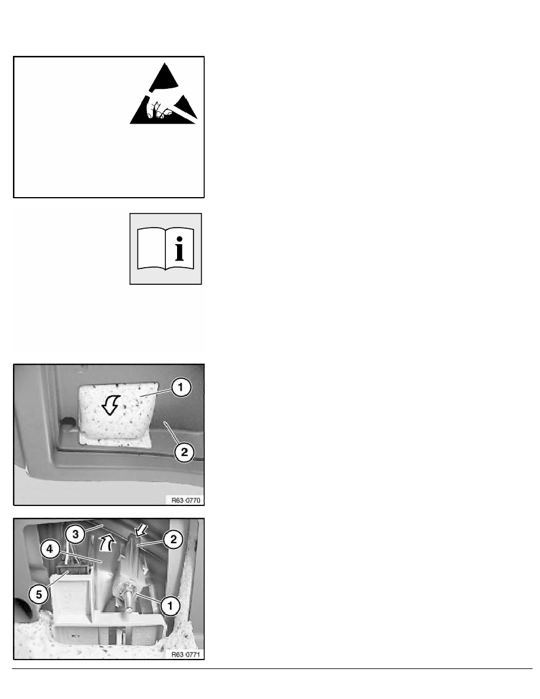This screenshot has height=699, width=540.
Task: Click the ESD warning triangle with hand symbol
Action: tap(164, 95)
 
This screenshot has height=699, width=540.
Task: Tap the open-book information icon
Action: tap(166, 249)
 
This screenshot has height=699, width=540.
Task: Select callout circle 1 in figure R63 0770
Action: tap(181, 387)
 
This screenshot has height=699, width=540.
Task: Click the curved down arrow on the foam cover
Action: tap(111, 404)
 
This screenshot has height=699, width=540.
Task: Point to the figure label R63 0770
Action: tap(186, 500)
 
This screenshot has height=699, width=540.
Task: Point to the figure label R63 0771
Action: tap(186, 654)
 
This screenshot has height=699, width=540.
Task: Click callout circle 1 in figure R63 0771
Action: tap(170, 606)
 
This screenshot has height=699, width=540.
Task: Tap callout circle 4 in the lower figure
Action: tap(50, 549)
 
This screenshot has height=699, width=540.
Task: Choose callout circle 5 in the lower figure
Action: tap(39, 594)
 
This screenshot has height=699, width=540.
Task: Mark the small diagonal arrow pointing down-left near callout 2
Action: tap(141, 530)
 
